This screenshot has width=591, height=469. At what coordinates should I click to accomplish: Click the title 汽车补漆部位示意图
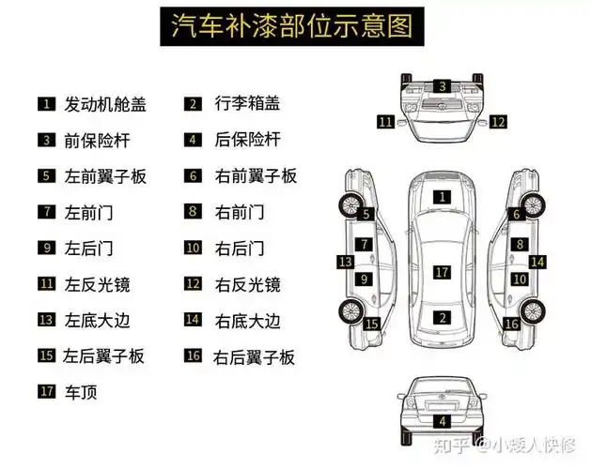pos(292,26)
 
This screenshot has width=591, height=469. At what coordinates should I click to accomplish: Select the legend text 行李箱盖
pos(247,104)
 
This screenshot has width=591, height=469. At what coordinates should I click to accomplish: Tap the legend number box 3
pos(46,140)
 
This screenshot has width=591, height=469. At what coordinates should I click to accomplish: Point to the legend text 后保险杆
pos(247,140)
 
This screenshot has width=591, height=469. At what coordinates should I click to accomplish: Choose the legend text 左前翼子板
pos(105,175)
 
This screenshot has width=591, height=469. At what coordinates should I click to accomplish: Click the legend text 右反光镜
pos(247,284)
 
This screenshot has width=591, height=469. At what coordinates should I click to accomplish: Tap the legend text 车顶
pos(81,392)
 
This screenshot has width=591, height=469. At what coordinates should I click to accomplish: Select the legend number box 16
pos(193,356)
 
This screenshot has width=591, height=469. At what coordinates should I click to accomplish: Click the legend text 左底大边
pos(97,320)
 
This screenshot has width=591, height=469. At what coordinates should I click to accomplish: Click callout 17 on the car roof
pos(442,272)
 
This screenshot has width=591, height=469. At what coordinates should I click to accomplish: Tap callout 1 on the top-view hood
pos(442,197)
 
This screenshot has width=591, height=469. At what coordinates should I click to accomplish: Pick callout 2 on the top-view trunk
pos(442,317)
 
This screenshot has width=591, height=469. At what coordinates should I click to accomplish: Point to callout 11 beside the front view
pos(385,121)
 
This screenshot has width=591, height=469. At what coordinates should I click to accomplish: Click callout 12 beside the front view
pos(498,121)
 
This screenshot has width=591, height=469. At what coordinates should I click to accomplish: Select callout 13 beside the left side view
pos(346,262)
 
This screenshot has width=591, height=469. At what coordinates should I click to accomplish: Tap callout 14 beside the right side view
pos(537,262)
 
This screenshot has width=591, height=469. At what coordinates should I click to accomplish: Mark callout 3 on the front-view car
pos(442,86)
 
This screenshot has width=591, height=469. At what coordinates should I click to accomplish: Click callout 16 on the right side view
pos(512,324)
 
